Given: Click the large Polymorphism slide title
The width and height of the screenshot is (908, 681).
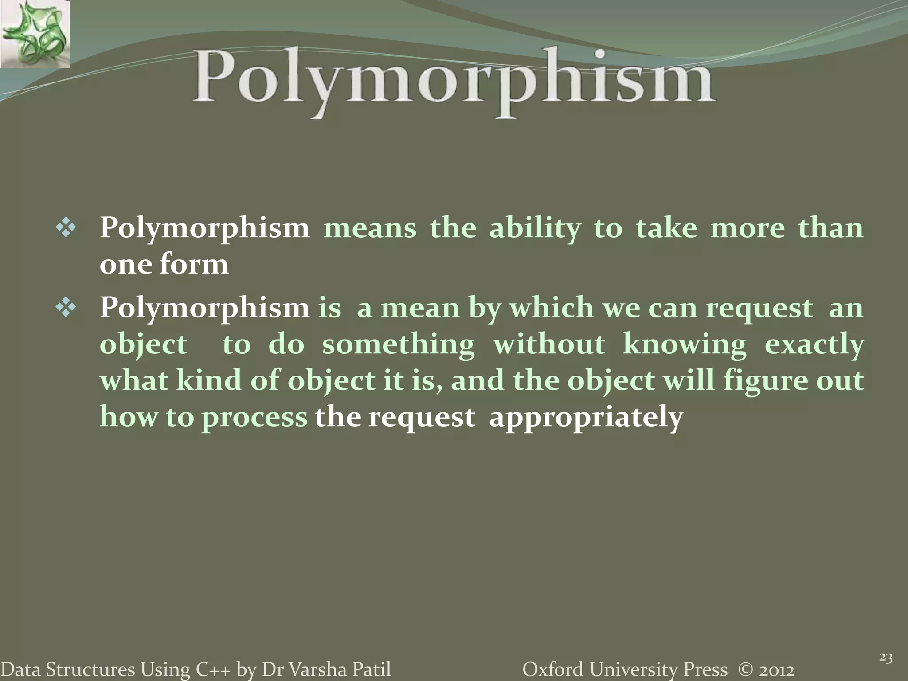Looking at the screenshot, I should [x=453, y=82].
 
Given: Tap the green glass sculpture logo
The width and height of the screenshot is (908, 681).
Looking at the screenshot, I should [x=35, y=34].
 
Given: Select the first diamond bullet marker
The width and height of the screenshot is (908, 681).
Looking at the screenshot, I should [x=66, y=229].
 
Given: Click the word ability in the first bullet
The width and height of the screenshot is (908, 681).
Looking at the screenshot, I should [x=535, y=229].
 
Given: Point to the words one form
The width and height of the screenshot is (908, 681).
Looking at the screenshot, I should [x=164, y=265].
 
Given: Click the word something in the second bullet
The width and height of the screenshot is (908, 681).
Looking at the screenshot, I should [x=398, y=345].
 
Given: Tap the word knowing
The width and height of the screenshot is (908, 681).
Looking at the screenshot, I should [x=684, y=345].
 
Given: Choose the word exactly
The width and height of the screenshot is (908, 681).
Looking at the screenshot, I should [x=814, y=345].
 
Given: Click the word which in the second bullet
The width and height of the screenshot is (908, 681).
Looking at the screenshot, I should [x=551, y=308].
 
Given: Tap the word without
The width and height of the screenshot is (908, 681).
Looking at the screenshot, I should [x=548, y=344].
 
